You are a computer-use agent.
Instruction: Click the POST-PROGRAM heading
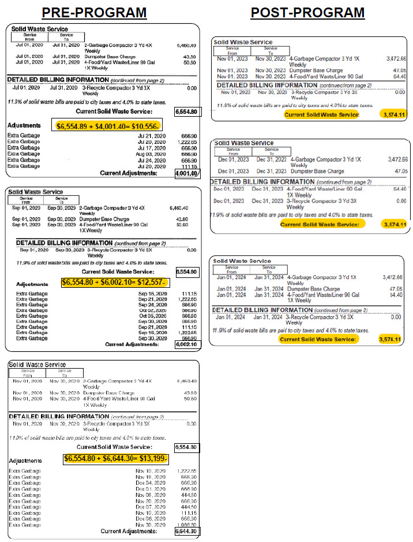coord(307,12)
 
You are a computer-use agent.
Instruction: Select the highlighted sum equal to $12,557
coord(114,282)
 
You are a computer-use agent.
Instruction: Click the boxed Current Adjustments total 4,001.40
coord(187,173)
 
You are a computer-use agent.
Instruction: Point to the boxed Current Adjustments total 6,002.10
coord(187,344)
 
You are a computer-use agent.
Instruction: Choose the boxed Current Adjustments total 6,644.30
coord(187,531)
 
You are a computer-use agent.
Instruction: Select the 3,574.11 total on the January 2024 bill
coord(390,339)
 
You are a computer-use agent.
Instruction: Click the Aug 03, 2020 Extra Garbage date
coord(151,154)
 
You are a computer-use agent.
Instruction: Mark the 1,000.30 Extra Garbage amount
coord(187,524)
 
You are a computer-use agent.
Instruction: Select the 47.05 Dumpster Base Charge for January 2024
coord(395,289)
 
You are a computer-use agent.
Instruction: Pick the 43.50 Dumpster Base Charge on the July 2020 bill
coord(187,56)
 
